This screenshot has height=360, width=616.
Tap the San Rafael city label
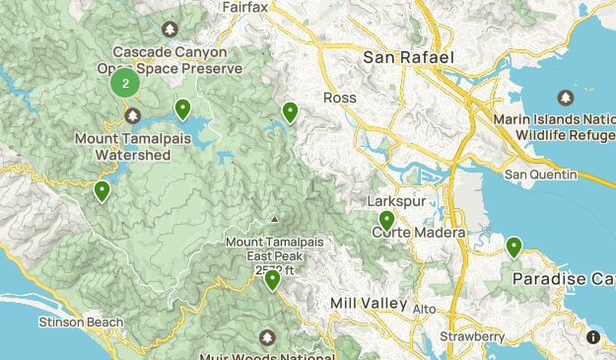pyautogui.click(x=408, y=57)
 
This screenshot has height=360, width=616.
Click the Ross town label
pyautogui.click(x=339, y=97)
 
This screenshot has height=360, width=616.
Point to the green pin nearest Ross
pyautogui.click(x=290, y=113)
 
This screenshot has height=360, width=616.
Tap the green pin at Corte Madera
pyautogui.click(x=387, y=221)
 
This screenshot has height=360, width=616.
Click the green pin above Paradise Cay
pyautogui.click(x=513, y=247)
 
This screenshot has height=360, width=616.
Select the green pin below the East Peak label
pyautogui.click(x=272, y=280)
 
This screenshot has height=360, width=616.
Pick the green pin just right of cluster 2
pyautogui.click(x=182, y=109)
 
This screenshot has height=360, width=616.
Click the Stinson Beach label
pyautogui.click(x=82, y=323)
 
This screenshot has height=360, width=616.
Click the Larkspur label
pyautogui.click(x=387, y=201)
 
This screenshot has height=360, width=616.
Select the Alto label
pyautogui.click(x=424, y=310)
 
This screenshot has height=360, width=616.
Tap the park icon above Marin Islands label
pyautogui.click(x=565, y=99)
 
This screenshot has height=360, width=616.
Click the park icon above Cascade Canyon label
pyautogui.click(x=170, y=31)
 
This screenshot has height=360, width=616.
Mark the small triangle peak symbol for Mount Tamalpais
pyautogui.click(x=274, y=219)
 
